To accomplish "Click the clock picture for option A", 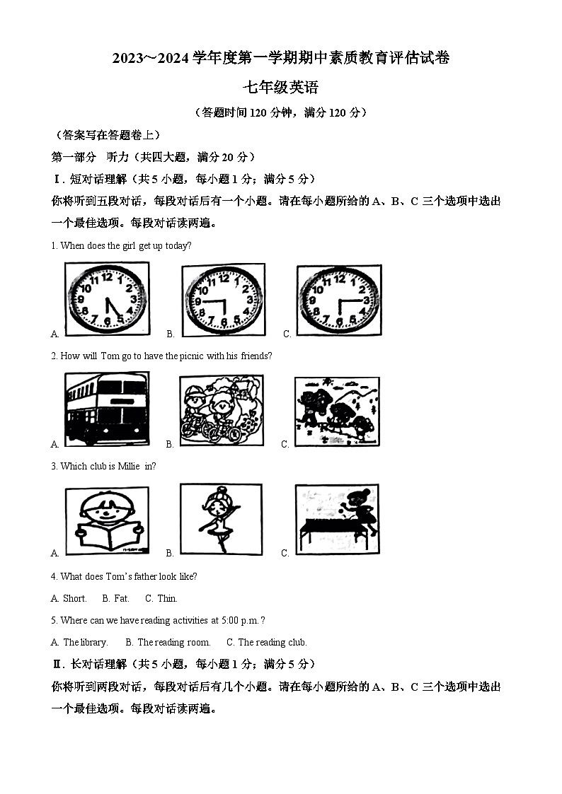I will [107, 299].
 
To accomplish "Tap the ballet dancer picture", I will [221, 520].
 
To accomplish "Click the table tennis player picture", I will [336, 520].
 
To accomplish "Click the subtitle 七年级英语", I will [281, 88].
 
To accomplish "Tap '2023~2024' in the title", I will [151, 59].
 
